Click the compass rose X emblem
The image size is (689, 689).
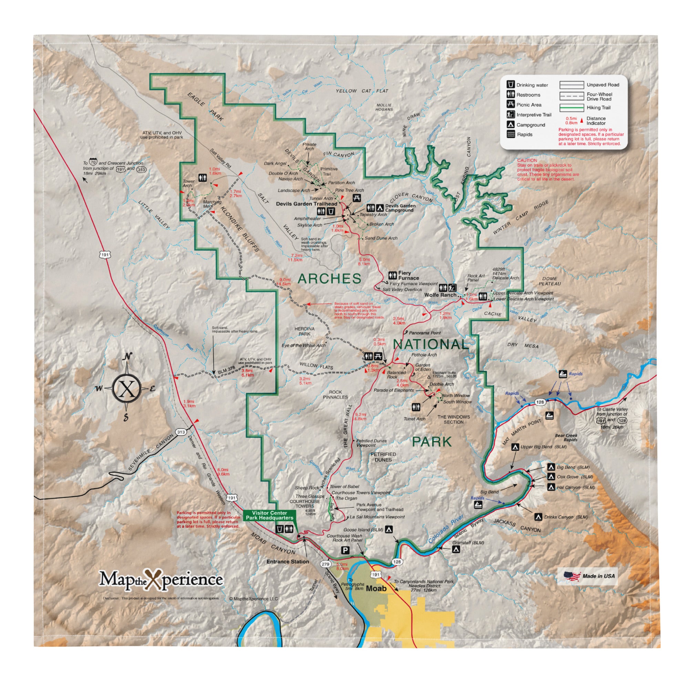click(129, 389)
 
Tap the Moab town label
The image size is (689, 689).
click(376, 588)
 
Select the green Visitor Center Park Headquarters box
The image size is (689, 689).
click(269, 515)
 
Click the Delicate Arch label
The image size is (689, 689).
click(505, 278)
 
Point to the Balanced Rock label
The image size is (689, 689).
click(396, 374)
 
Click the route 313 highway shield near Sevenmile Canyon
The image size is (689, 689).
click(181, 432)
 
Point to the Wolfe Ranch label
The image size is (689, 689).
click(440, 295)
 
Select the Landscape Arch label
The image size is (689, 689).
click(294, 191)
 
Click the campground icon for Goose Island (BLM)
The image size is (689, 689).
click(389, 529)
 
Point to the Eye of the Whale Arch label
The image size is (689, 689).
click(304, 345)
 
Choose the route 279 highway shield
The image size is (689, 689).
click(325, 564)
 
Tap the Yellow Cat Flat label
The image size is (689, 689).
click(362, 91)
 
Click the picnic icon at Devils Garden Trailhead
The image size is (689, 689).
click(357, 198)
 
